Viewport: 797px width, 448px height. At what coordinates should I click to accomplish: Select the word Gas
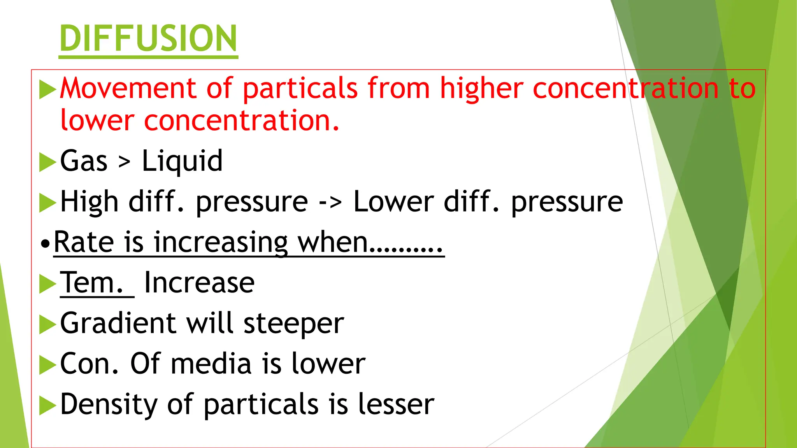(x=84, y=161)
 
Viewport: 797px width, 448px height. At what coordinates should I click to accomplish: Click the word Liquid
(x=182, y=161)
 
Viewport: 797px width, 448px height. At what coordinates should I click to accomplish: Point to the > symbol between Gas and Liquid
(x=124, y=162)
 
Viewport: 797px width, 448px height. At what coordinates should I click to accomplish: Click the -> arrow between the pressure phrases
(x=330, y=202)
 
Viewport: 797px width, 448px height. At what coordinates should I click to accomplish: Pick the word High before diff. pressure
(x=89, y=202)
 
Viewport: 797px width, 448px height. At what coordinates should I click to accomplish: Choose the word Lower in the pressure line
(x=393, y=202)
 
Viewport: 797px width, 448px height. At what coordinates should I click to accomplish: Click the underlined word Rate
(x=84, y=242)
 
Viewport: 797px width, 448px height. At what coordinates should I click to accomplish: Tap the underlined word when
(x=333, y=242)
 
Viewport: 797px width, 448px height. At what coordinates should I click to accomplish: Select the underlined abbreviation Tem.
(x=92, y=283)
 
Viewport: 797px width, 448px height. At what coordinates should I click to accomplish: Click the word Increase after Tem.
(x=199, y=283)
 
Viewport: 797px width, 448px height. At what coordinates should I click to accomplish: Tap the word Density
(x=109, y=404)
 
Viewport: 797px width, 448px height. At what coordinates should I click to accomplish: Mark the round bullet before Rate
(x=45, y=244)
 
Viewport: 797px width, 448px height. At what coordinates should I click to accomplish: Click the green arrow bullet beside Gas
(x=47, y=162)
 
